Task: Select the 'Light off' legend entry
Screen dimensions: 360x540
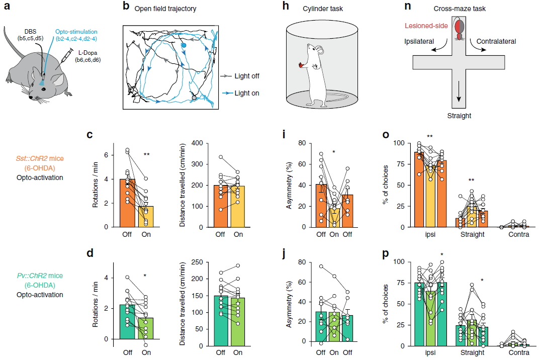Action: [x=247, y=76]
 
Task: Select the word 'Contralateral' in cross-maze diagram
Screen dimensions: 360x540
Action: [x=496, y=41]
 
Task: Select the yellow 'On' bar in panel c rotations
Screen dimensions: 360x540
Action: [x=146, y=216]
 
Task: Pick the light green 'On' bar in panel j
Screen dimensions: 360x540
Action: [x=336, y=326]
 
